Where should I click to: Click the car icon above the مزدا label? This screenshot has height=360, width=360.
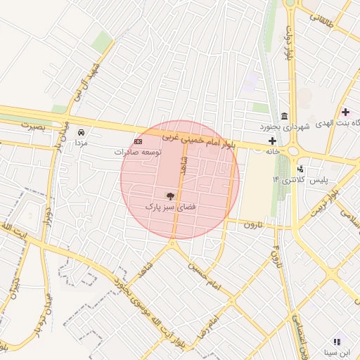pos(82,131)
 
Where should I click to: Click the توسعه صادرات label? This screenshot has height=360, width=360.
pos(139,152)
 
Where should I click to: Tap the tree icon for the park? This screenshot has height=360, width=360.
pos(170,195)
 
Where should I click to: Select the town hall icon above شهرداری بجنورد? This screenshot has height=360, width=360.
pos(284,115)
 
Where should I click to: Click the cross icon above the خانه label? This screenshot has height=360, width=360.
pos(272,141)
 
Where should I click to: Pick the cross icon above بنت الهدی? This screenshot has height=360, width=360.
pos(345,112)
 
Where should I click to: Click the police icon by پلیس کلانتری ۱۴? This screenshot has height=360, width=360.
pos(301,169)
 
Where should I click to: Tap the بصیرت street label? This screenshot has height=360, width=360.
pos(32,127)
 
